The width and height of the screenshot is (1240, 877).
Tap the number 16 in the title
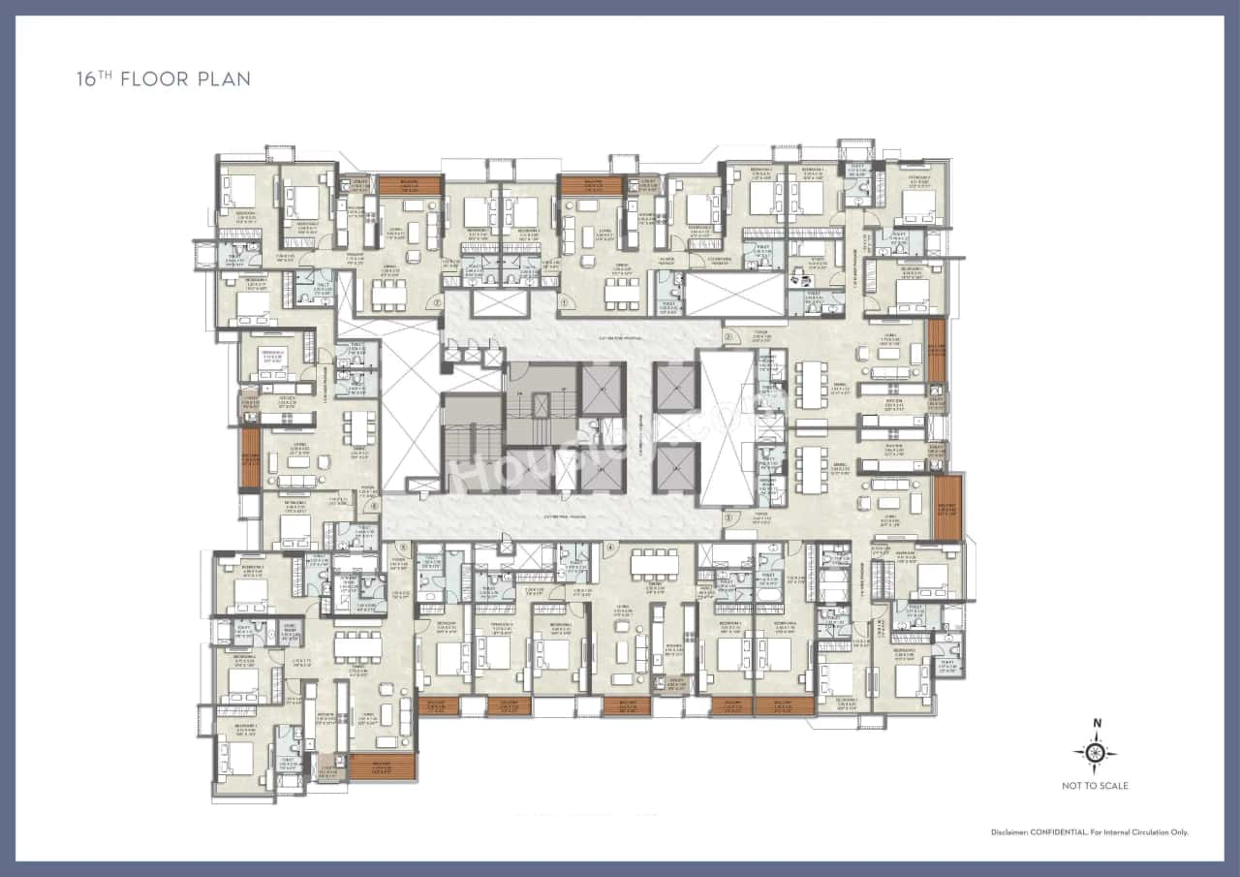[x=85, y=78]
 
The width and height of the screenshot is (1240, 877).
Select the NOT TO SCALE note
[x=1096, y=786]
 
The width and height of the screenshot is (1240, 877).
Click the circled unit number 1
[x=563, y=301]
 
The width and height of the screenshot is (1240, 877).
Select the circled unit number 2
[x=728, y=337]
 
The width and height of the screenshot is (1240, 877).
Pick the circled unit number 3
[x=728, y=517]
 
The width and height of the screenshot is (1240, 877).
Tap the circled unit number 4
[x=610, y=547]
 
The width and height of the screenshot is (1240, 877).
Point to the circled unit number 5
[x=402, y=547]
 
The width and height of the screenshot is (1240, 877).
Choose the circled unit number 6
[x=374, y=505]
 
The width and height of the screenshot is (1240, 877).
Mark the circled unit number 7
[x=437, y=301]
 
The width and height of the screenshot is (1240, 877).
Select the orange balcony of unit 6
[x=251, y=458]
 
